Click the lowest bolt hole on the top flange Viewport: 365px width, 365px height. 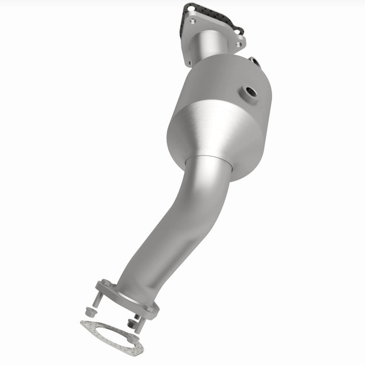click(x=191, y=63)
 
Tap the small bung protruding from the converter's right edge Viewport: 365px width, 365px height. click(x=255, y=62)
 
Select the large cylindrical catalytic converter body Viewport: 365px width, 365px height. click(x=218, y=112)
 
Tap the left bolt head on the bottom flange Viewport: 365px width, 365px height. click(x=105, y=283)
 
